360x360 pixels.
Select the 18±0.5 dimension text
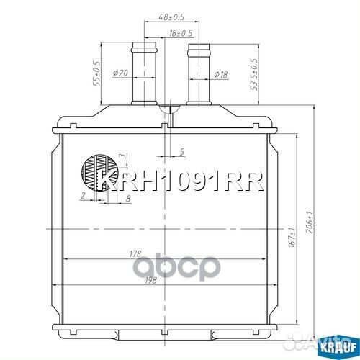pyautogui.click(x=181, y=33)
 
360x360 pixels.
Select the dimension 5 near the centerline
pyautogui.click(x=182, y=151)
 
